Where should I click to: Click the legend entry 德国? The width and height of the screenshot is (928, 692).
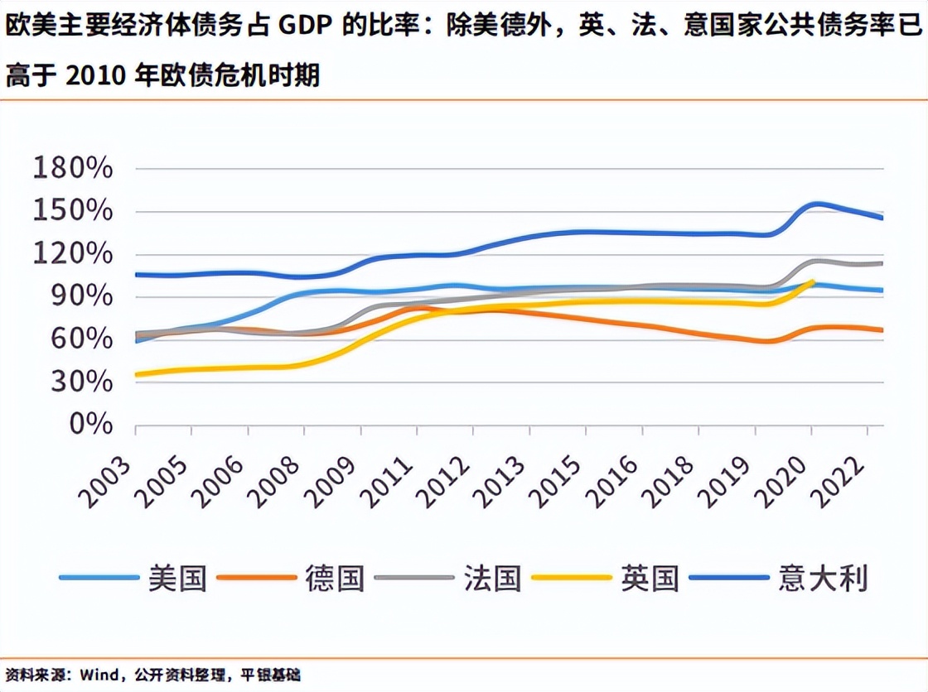coord(335,578)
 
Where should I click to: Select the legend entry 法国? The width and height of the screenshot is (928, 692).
coord(492,578)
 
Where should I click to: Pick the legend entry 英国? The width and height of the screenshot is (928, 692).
coord(650,578)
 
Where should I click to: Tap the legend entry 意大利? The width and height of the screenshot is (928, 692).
coord(823,578)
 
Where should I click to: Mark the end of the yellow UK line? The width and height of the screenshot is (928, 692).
coord(812,282)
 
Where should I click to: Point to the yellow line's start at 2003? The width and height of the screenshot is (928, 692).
coord(137,375)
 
